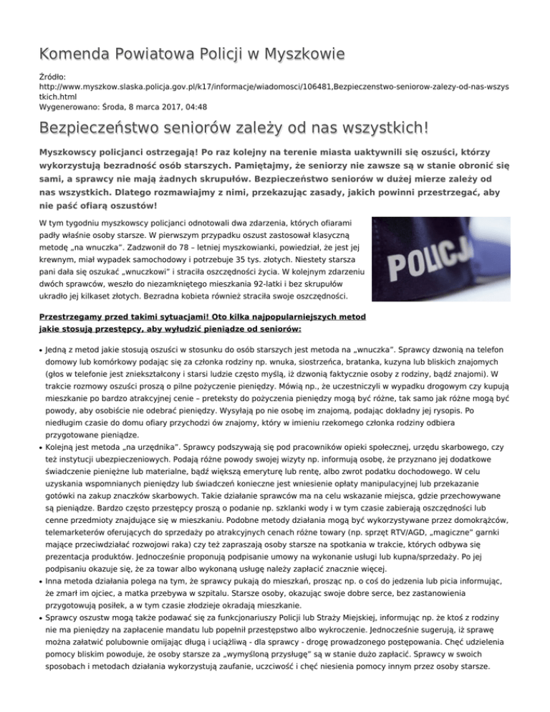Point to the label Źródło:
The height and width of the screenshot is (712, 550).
tap(54, 74)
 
